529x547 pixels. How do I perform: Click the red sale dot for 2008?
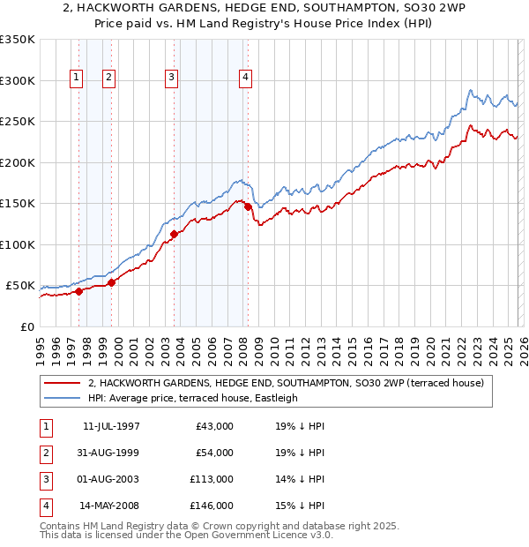tap(248, 206)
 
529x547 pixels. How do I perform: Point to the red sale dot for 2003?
tap(174, 234)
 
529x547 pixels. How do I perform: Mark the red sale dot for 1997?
tap(78, 291)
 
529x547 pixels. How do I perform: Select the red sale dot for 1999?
tap(112, 282)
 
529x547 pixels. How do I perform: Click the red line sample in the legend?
tap(63, 384)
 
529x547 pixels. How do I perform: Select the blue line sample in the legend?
tap(63, 398)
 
